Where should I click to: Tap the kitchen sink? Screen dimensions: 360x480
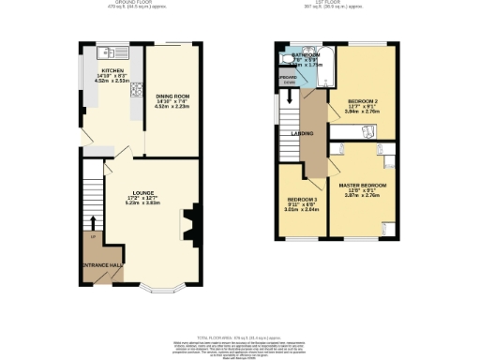tap(111, 52)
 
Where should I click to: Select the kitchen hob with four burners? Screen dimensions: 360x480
tap(137, 92)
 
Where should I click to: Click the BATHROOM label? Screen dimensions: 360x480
tap(306, 55)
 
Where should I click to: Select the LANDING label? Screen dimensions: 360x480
tap(304, 133)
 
